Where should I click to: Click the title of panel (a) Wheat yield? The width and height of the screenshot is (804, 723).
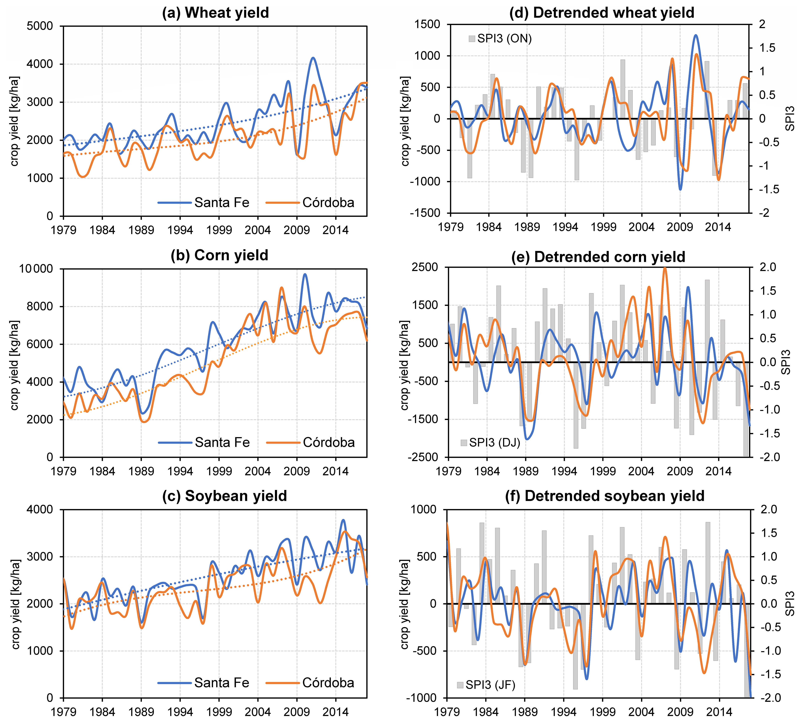[215, 13]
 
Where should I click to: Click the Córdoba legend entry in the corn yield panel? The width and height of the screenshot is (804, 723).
[328, 442]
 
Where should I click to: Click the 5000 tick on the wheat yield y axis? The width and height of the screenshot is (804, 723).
[40, 26]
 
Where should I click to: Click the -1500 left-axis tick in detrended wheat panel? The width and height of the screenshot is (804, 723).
[425, 213]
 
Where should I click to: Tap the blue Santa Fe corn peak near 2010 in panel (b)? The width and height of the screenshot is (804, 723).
[305, 274]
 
